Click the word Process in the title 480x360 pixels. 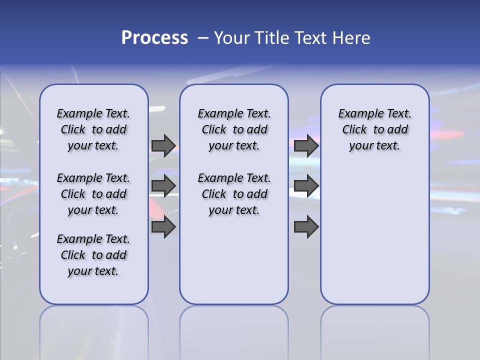pyautogui.click(x=154, y=38)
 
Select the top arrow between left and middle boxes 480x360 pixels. pyautogui.click(x=163, y=145)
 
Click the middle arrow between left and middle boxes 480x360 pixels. pyautogui.click(x=163, y=186)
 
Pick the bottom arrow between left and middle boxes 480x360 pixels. pyautogui.click(x=163, y=227)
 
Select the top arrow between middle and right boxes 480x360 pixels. pyautogui.click(x=306, y=145)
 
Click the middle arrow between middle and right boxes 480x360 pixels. pyautogui.click(x=306, y=186)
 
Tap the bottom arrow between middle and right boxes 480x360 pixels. pyautogui.click(x=306, y=227)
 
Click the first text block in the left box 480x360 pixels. pyautogui.click(x=93, y=129)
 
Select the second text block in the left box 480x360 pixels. pyautogui.click(x=93, y=194)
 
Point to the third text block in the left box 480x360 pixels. pyautogui.click(x=93, y=255)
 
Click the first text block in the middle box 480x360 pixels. pyautogui.click(x=234, y=129)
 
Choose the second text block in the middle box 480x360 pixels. pyautogui.click(x=234, y=194)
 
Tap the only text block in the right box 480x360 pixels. pyautogui.click(x=374, y=129)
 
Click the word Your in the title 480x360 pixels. pyautogui.click(x=232, y=38)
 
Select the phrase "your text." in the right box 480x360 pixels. pyautogui.click(x=374, y=145)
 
